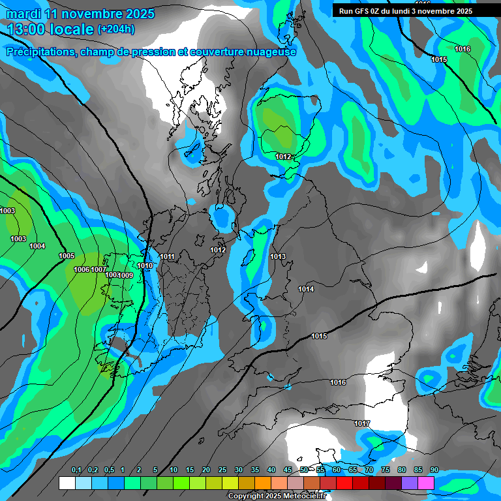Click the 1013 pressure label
click(x=278, y=256)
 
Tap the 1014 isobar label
click(x=306, y=289)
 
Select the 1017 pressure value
click(x=362, y=424)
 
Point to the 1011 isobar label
click(x=168, y=257)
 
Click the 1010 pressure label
click(x=145, y=266)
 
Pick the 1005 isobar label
click(x=67, y=256)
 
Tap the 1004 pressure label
click(x=37, y=246)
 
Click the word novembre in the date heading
click(x=90, y=14)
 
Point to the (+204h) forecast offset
click(x=116, y=29)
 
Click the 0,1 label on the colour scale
click(x=76, y=470)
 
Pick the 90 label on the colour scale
click(x=434, y=470)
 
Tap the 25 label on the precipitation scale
click(x=222, y=470)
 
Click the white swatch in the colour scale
click(x=67, y=483)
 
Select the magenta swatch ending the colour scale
click(x=426, y=483)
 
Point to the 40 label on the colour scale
click(x=271, y=470)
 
